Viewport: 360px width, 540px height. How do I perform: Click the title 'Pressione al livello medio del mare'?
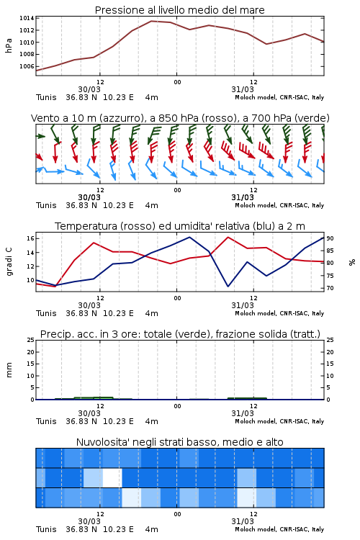(179, 10)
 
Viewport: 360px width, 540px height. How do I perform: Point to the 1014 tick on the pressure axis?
(27, 18)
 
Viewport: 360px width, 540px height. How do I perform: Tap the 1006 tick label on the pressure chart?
(27, 66)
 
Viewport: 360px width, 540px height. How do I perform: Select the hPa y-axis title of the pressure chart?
(9, 45)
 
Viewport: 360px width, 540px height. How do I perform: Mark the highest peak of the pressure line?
(152, 21)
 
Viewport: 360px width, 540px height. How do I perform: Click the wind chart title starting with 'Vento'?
(180, 118)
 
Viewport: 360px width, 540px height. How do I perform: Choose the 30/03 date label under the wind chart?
(89, 197)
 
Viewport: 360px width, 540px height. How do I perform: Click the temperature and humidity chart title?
(180, 226)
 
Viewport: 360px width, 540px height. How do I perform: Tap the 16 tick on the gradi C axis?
(30, 238)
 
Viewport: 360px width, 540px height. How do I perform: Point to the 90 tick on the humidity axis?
(330, 238)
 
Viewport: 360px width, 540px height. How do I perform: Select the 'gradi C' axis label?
(9, 262)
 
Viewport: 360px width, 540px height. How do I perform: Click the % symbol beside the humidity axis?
(352, 262)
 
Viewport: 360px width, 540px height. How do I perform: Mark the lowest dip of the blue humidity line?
(228, 286)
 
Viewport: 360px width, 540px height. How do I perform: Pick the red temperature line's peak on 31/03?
(228, 237)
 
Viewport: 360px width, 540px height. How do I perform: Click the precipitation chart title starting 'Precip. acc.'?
(180, 334)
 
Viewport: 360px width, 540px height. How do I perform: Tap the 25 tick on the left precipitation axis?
(30, 340)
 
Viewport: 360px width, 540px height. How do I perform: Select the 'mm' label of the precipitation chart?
(9, 370)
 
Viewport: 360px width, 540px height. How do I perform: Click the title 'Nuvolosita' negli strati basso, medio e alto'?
(179, 442)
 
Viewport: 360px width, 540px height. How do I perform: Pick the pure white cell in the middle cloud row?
(112, 477)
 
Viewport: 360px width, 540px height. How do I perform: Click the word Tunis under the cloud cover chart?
(46, 529)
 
